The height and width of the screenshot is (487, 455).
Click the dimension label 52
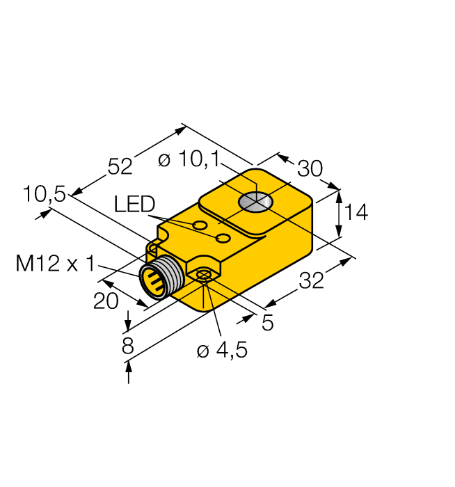[120, 166]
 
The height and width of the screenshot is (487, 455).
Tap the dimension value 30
[310, 169]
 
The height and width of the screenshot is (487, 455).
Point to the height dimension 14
[356, 212]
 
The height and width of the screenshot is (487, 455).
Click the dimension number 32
[311, 281]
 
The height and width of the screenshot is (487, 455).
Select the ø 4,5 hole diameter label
[222, 351]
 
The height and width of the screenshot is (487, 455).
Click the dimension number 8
[127, 346]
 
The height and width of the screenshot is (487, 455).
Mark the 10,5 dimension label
[44, 195]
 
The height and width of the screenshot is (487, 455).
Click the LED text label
[135, 204]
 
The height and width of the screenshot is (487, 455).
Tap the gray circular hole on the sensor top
[255, 202]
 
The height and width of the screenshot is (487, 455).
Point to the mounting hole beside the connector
[204, 276]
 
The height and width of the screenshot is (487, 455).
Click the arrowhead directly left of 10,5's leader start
[45, 213]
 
